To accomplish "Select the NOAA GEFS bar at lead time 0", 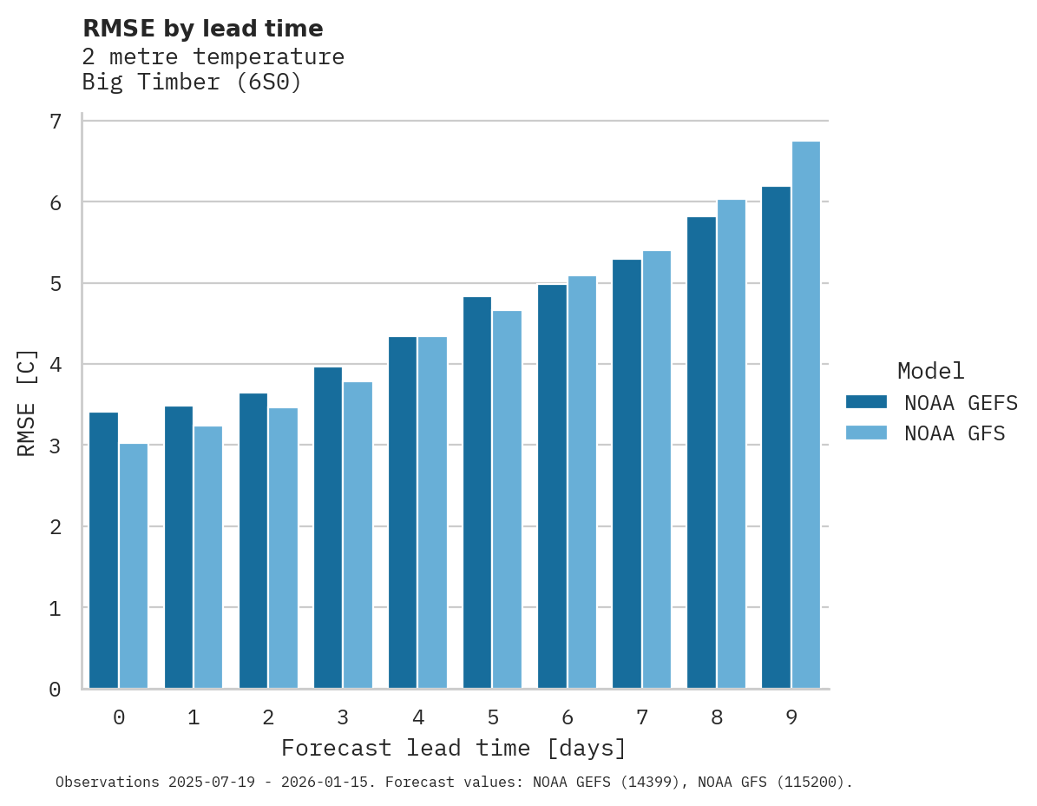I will pos(103,551).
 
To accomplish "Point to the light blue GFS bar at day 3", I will pos(358,535).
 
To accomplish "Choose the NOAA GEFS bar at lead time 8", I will pos(701,453).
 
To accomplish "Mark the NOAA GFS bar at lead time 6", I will pos(581,482).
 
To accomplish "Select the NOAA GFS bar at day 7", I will pos(657,470).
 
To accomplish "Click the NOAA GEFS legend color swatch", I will pos(866,402).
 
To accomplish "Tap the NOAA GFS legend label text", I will pos(955,433).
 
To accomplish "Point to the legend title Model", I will pos(930,371).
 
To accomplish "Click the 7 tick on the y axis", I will pos(56,121).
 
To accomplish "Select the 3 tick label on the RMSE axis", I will pos(56,446).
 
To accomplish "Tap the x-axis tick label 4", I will pos(417,717).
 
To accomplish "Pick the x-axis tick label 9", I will pos(791,717).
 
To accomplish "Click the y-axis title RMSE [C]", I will pos(27,403).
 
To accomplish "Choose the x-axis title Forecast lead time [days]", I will pos(453,748).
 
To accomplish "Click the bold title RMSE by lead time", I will pos(202,29).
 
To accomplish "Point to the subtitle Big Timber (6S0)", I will pos(192,83).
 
